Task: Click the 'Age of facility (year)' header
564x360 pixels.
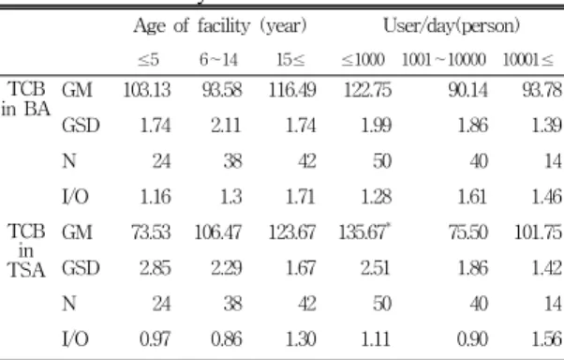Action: [220, 26]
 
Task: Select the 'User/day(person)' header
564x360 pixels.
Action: [452, 26]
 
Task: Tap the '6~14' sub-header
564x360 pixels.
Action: [218, 60]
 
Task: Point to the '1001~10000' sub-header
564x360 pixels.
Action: [444, 60]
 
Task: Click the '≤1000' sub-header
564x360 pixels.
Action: [363, 60]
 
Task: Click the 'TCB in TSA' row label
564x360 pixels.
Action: [26, 250]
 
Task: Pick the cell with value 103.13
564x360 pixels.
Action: [147, 90]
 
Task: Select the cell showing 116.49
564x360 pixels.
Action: [292, 90]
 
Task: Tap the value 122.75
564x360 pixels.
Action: [367, 90]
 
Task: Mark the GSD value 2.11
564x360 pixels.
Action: [226, 126]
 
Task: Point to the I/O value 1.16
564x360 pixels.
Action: [155, 197]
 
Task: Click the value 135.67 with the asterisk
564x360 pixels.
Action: [364, 232]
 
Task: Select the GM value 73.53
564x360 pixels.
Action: [151, 232]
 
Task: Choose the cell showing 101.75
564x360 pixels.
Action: [538, 232]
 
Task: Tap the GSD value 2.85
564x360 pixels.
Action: [155, 268]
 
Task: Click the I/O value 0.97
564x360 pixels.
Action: [155, 339]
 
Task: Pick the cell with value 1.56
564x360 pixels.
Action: [546, 339]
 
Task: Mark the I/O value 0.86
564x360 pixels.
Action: [226, 339]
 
